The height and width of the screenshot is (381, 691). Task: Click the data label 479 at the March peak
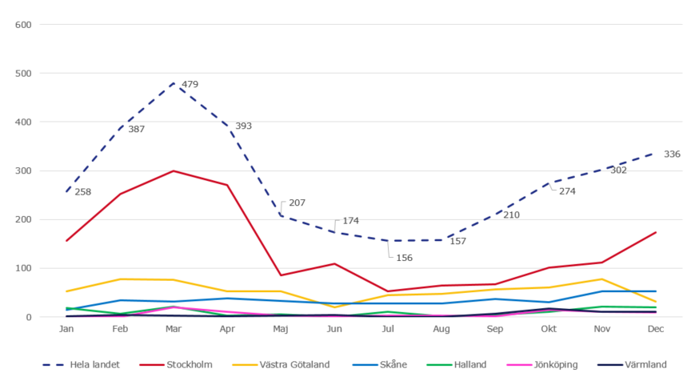point(190,84)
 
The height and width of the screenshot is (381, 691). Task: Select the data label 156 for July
point(405,257)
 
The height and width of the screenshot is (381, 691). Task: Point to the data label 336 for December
point(672,154)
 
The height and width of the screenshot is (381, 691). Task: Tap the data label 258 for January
point(83,192)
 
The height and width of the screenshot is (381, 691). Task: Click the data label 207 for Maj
point(297,203)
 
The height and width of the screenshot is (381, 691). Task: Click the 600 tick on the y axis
point(23,25)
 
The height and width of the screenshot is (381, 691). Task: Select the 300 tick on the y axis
point(23,171)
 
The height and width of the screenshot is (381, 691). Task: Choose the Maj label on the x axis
point(280,329)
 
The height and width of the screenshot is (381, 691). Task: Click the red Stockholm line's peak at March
point(173,170)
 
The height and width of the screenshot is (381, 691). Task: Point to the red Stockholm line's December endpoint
point(656,232)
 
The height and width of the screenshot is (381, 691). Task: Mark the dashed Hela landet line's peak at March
point(173,83)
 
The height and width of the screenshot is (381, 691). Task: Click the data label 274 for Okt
point(567,191)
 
